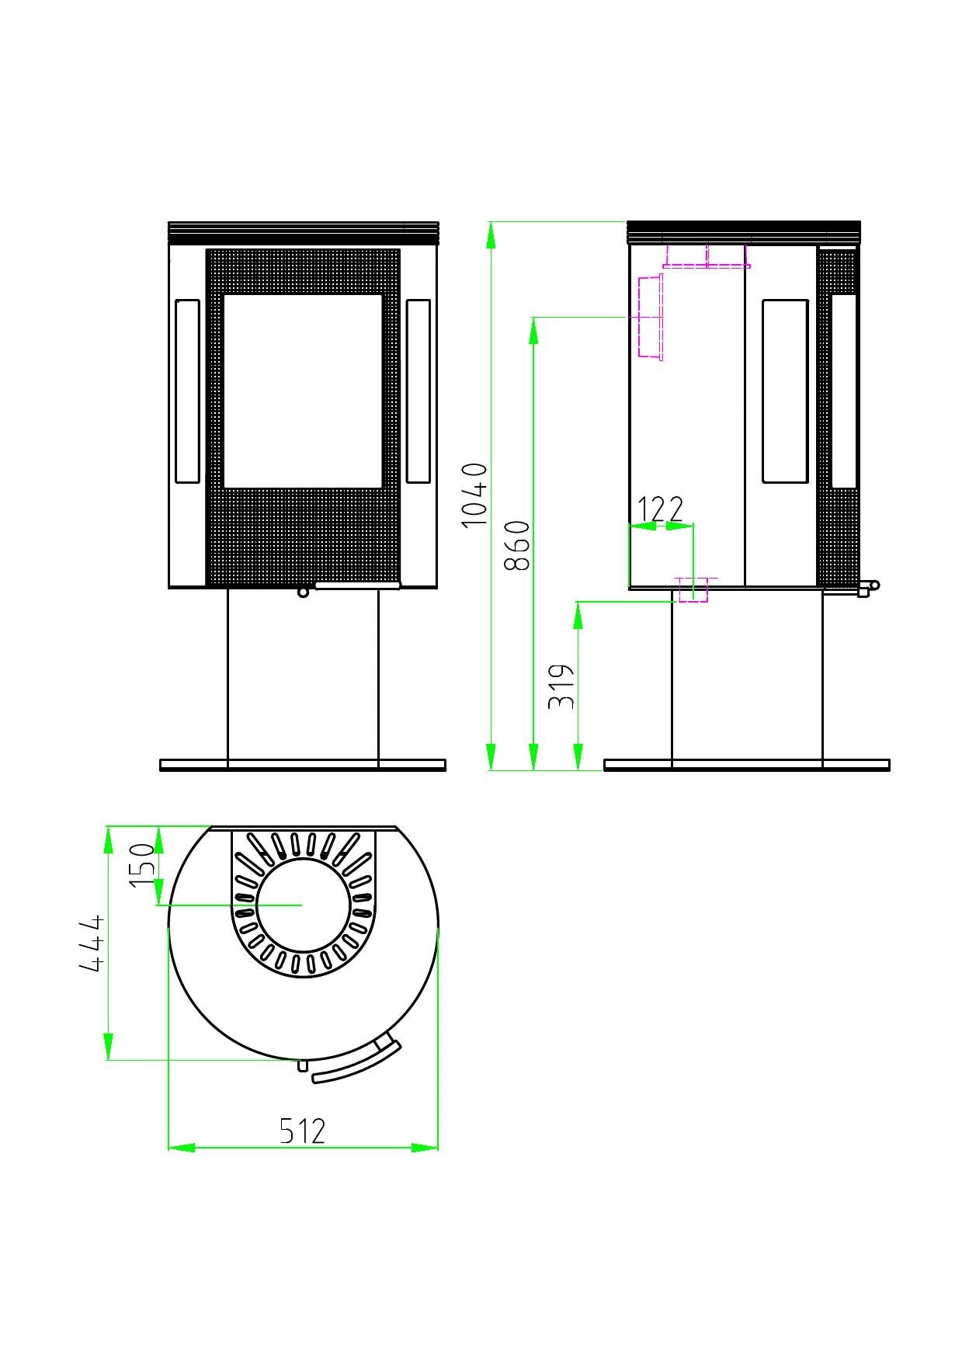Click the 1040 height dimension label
coord(474,495)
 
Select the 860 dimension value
coord(517,545)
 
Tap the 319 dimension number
coord(561,686)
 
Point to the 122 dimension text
coord(660,509)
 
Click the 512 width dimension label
coord(302,1131)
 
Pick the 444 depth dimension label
coord(92,943)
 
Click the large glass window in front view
coord(303,391)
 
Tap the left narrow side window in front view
coord(187,391)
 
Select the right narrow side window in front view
coord(418,391)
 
